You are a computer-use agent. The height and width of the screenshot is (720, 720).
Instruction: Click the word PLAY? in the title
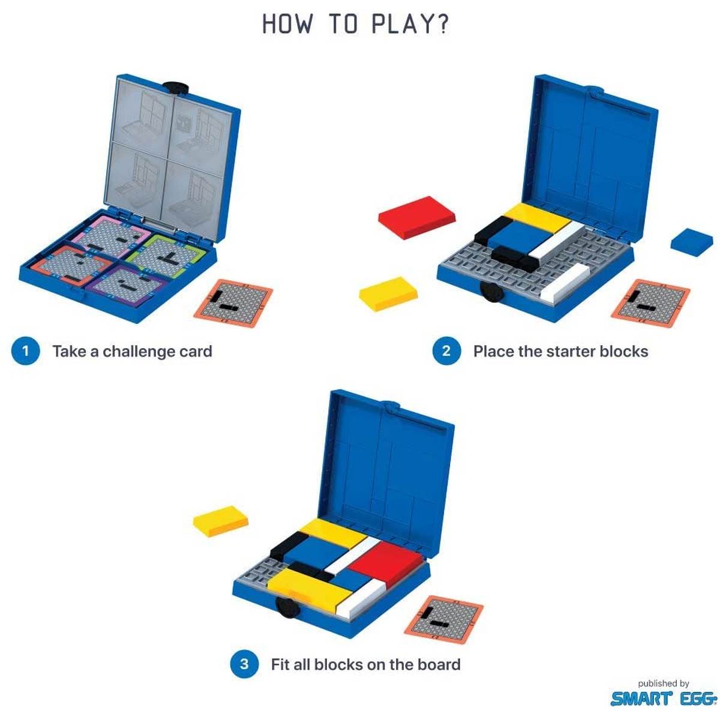pyautogui.click(x=410, y=24)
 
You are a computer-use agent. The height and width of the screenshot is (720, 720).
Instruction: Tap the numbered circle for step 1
pyautogui.click(x=25, y=351)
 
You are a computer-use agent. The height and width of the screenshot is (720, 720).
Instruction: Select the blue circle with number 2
pyautogui.click(x=446, y=351)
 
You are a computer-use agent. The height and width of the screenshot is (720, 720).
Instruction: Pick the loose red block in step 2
pyautogui.click(x=416, y=217)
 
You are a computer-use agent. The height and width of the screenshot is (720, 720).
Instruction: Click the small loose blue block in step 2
pyautogui.click(x=692, y=242)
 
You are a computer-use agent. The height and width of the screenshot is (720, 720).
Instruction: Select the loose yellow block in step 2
pyautogui.click(x=388, y=293)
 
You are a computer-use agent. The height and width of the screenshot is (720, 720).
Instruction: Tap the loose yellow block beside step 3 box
pyautogui.click(x=220, y=521)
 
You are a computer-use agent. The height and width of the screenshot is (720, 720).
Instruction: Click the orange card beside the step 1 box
pyautogui.click(x=233, y=304)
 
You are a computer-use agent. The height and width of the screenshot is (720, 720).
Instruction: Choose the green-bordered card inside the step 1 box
pyautogui.click(x=166, y=255)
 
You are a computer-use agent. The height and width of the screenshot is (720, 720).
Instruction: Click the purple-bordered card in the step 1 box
pyautogui.click(x=125, y=286)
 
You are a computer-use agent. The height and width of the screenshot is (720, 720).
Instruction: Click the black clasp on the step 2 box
pyautogui.click(x=492, y=292)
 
